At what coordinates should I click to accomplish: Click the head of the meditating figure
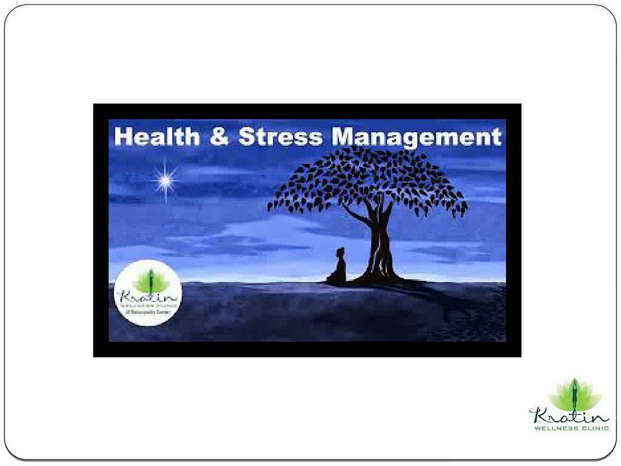340,252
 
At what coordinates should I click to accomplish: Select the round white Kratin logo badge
148,293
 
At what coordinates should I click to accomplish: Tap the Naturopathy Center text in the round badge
148,313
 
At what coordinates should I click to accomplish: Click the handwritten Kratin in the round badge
147,297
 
